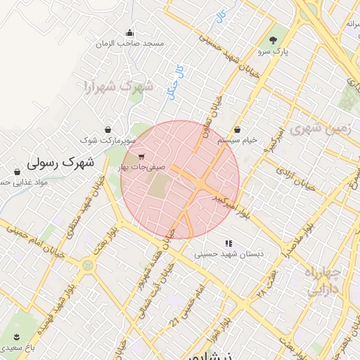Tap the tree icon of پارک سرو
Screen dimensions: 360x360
point(273,39)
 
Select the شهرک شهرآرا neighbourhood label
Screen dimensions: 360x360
point(118,87)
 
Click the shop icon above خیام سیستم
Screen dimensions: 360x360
point(237,130)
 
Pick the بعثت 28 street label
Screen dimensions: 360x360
point(268,281)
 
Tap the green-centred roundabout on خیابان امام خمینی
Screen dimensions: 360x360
point(88,266)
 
